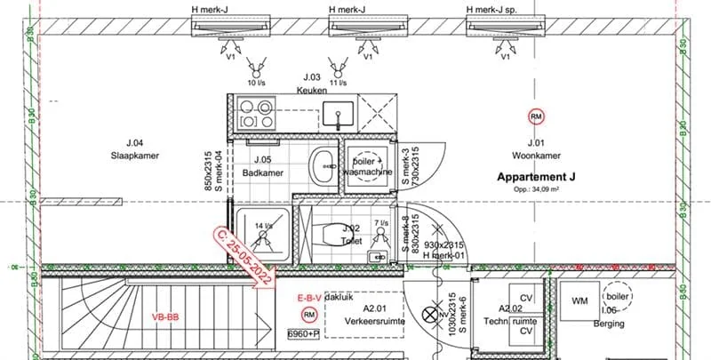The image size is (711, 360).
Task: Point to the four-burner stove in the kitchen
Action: [x=252, y=114]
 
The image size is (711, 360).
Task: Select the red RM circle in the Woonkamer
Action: [x=536, y=116]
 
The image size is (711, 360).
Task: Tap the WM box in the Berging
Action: [x=580, y=300]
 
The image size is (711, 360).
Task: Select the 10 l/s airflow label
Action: [x=256, y=83]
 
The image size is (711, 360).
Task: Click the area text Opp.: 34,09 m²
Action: [x=536, y=189]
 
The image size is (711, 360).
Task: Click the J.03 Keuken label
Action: [x=311, y=84]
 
